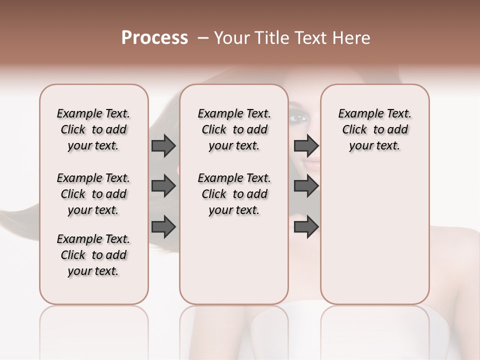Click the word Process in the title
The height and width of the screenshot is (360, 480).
click(154, 38)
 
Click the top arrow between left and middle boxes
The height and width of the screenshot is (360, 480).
click(163, 146)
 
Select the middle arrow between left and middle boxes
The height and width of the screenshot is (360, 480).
click(163, 186)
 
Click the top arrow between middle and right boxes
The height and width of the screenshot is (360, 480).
click(306, 146)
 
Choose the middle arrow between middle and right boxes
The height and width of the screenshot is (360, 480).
click(306, 186)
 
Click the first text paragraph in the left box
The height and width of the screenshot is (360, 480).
click(93, 129)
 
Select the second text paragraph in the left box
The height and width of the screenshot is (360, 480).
click(93, 194)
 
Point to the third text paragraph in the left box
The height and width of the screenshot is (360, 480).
click(93, 255)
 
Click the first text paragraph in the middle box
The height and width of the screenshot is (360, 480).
click(234, 129)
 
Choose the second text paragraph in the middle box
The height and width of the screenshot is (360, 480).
click(234, 194)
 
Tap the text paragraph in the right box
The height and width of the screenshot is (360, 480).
click(374, 129)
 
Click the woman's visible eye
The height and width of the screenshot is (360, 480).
click(299, 118)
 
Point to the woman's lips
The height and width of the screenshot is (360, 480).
click(313, 162)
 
